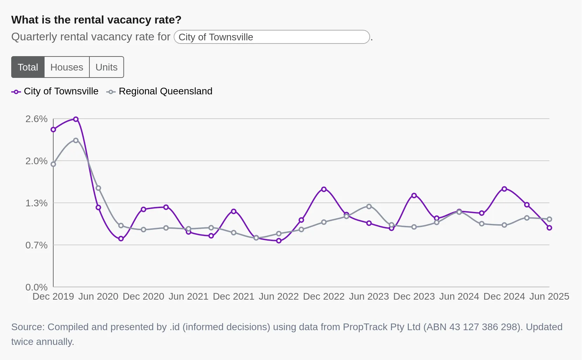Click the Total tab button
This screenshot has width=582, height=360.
point(28,67)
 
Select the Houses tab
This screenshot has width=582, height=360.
point(67,67)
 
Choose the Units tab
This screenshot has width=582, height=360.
point(107,67)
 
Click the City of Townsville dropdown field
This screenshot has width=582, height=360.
point(272,37)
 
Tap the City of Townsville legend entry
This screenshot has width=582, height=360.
point(55,92)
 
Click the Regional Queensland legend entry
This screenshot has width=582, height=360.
point(160,92)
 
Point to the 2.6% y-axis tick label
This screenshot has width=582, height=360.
point(36,119)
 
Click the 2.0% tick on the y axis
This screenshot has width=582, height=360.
point(36,161)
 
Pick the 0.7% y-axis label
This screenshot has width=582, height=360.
point(36,245)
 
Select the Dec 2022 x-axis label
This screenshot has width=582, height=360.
point(324,296)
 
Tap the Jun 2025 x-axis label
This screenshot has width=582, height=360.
point(549,296)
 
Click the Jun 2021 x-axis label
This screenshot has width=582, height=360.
point(188,296)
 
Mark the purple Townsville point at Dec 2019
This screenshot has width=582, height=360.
point(53,129)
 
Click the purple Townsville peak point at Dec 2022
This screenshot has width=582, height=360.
point(324,189)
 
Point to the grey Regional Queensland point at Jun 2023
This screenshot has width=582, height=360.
point(369,206)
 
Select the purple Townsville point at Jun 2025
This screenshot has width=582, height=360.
point(549,228)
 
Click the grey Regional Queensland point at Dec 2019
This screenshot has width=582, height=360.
point(53,164)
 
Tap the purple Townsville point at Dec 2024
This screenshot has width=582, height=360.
point(504,189)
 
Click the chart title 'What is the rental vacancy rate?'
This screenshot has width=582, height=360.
point(96,20)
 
